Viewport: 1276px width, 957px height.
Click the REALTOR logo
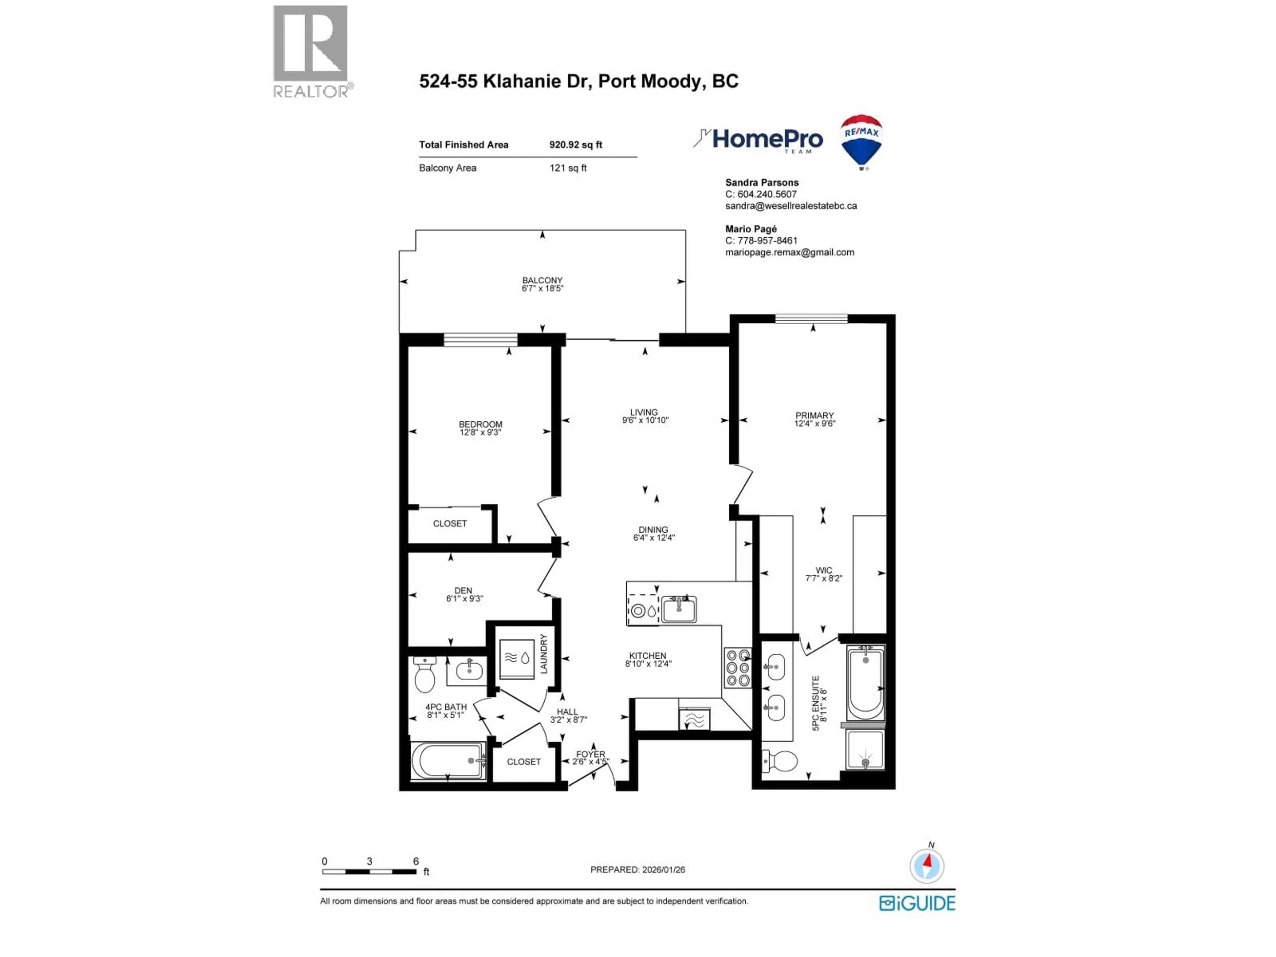310,52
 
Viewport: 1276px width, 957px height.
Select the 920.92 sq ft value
575,145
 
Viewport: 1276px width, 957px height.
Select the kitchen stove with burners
738,668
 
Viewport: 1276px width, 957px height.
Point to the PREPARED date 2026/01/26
661,869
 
